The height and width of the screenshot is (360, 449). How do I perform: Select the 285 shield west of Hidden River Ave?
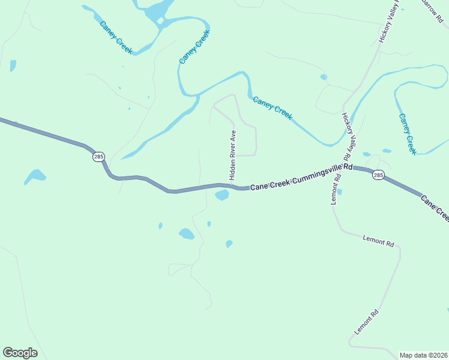pyautogui.click(x=99, y=157)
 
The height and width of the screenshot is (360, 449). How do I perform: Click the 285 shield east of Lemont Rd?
pyautogui.click(x=378, y=175)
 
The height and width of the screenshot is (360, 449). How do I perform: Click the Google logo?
pyautogui.click(x=20, y=353)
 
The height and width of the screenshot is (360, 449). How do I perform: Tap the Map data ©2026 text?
pyautogui.click(x=423, y=355)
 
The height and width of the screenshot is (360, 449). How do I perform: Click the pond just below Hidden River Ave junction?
pyautogui.click(x=221, y=195)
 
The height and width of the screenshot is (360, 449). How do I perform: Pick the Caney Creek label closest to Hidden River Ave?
pyautogui.click(x=273, y=108)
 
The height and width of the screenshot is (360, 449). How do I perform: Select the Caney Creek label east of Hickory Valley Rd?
pyautogui.click(x=408, y=134)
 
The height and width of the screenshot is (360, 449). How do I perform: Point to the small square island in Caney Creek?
pyautogui.click(x=160, y=22)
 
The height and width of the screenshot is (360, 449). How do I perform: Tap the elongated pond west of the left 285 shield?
pyautogui.click(x=35, y=176)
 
